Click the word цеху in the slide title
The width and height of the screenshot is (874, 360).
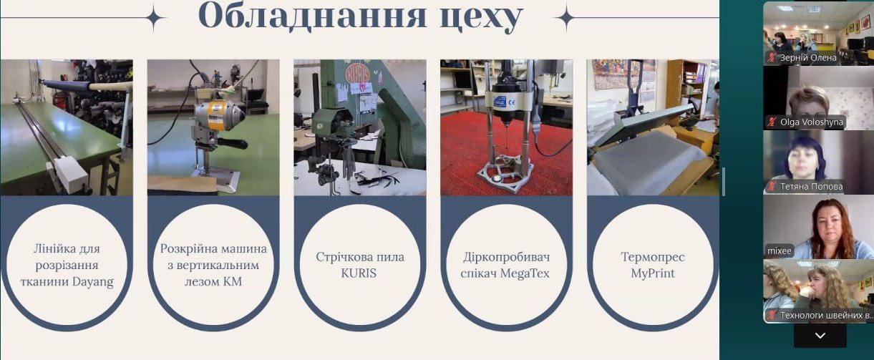(481, 18)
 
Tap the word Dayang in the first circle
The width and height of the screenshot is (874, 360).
(94, 281)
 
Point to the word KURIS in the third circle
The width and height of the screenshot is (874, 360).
(359, 273)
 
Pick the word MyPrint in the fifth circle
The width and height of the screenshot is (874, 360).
(653, 273)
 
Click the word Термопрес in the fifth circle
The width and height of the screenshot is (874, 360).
(653, 257)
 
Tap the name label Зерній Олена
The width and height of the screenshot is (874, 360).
(808, 58)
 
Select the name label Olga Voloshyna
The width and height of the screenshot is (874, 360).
(812, 122)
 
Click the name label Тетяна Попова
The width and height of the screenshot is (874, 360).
(812, 186)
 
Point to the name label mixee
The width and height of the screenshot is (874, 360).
(780, 250)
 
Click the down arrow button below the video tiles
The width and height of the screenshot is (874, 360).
(820, 336)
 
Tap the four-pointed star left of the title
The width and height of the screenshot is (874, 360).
(155, 16)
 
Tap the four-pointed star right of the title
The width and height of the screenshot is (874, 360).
(565, 16)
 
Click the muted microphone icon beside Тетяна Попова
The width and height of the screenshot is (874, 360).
(772, 186)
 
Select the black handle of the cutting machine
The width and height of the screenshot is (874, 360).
(233, 143)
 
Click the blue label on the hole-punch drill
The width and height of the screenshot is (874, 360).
(499, 102)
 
